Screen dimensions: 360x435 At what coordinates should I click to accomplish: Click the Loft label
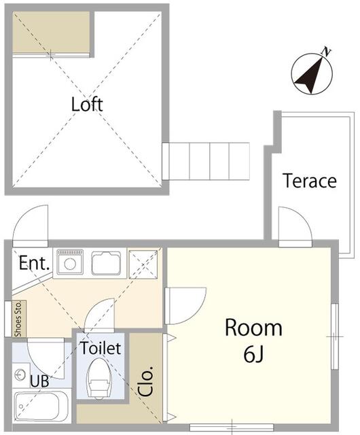[87, 105]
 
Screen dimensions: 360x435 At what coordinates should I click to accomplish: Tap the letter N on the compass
[326, 52]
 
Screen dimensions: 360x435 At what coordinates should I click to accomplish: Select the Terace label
[310, 181]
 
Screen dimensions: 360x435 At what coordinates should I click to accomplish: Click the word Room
[253, 328]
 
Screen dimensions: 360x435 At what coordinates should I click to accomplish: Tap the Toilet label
[101, 348]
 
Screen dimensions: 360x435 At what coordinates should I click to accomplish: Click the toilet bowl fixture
[97, 379]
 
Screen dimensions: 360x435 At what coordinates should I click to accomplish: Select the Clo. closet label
[145, 381]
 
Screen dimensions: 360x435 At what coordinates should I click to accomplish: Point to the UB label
[39, 381]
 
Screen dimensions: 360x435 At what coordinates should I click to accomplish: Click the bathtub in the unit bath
[41, 406]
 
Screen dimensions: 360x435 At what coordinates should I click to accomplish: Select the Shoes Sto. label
[18, 319]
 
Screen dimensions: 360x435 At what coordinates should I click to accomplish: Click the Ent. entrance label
[34, 263]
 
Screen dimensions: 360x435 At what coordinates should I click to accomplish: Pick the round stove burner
[70, 264]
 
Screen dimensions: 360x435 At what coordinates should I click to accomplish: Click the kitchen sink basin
[106, 263]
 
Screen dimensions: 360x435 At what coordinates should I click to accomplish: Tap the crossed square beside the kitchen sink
[143, 264]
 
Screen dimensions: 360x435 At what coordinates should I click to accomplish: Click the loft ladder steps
[206, 161]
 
